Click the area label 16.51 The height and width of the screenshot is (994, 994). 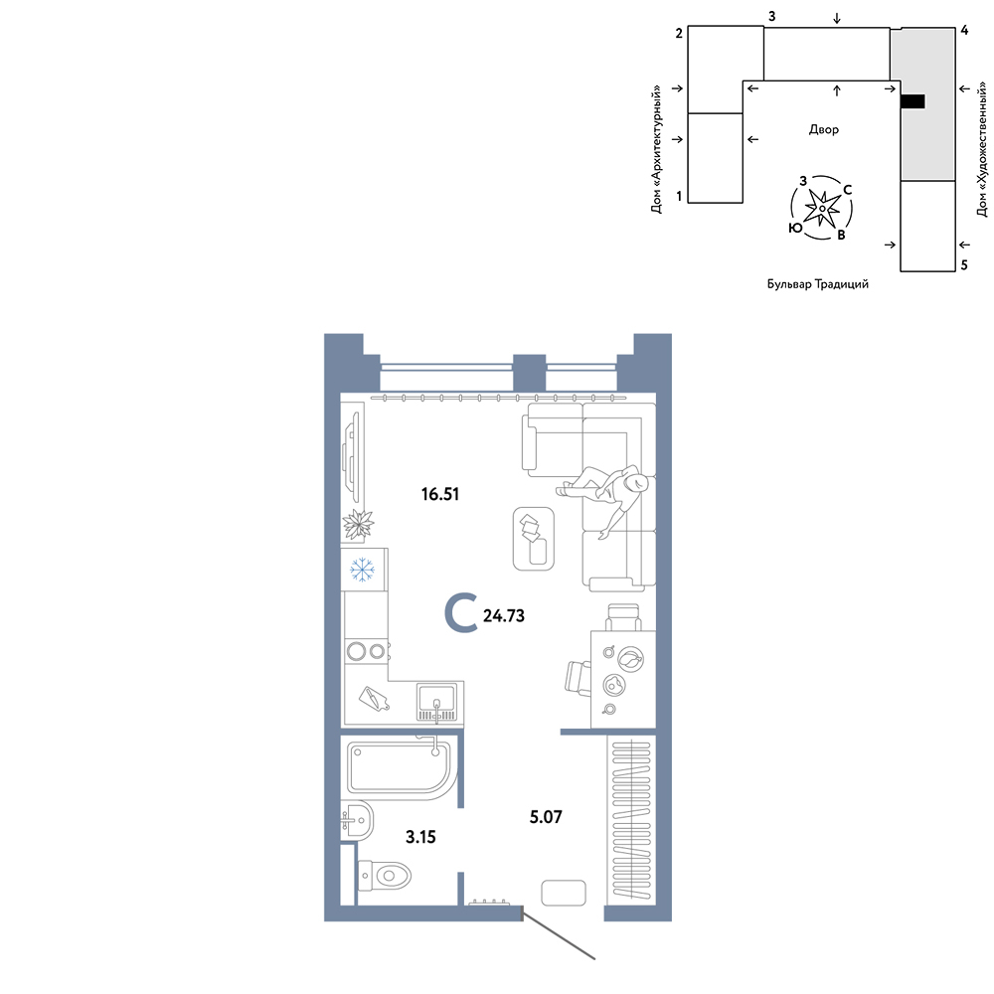click(440, 494)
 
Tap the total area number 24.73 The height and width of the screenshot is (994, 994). click(504, 615)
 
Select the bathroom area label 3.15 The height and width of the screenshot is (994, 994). click(420, 837)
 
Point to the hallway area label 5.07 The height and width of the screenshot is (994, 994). click(546, 816)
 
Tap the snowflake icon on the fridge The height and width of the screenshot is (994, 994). click(363, 570)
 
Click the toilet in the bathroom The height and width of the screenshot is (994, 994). click(385, 876)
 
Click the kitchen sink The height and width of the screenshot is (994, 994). click(436, 701)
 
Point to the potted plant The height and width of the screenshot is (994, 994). click(358, 525)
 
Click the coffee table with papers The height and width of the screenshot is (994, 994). click(533, 538)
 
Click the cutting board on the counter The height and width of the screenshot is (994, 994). click(373, 699)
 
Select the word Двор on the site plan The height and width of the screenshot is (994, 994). click(823, 129)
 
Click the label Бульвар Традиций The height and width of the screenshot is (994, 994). click(818, 284)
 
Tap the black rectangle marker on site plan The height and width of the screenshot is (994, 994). click(912, 100)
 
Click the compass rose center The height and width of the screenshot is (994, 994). click(822, 208)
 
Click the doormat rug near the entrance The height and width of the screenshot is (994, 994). click(564, 893)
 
